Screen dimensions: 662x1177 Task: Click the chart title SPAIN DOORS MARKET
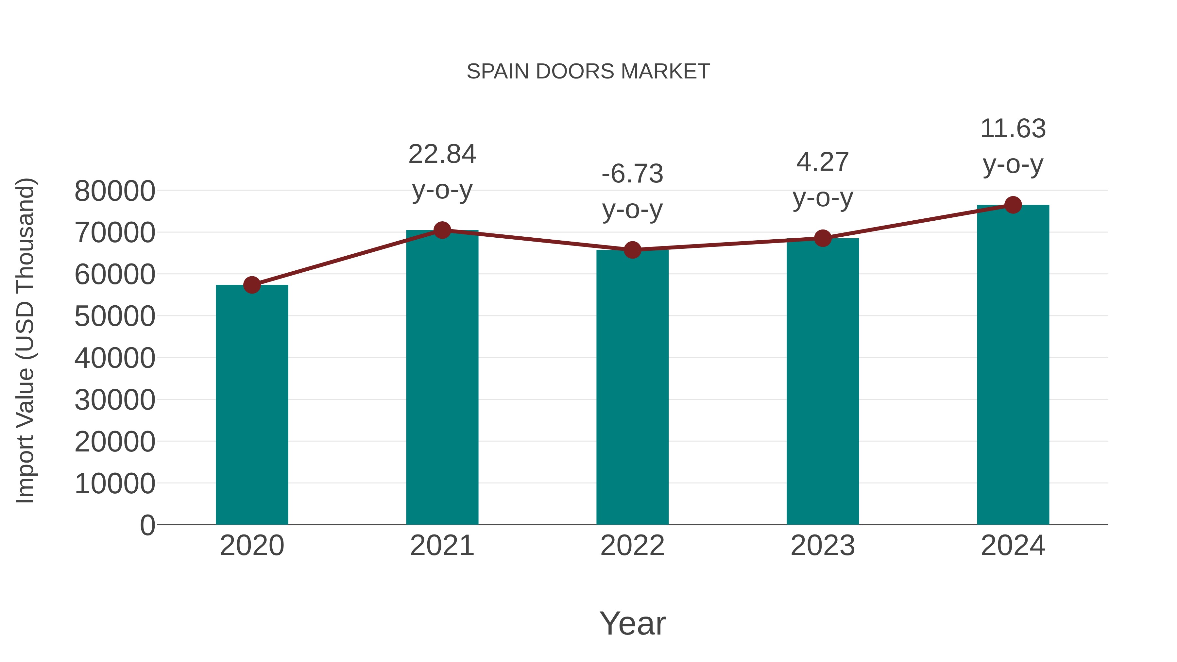(588, 72)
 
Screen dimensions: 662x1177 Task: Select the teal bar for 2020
(252, 404)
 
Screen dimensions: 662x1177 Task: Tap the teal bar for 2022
(632, 387)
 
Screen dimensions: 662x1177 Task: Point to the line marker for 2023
(823, 238)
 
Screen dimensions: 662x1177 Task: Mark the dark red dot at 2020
(252, 285)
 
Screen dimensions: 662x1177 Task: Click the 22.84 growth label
(442, 154)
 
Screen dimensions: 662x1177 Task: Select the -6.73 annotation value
(632, 174)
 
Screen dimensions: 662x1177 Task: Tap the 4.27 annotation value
(823, 162)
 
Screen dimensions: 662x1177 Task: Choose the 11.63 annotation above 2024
(1013, 129)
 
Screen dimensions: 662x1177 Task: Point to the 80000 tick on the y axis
(115, 191)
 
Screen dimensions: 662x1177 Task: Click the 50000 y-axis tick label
(115, 316)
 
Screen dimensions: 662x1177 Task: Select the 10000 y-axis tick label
(115, 484)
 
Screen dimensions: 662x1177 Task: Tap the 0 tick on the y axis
(147, 525)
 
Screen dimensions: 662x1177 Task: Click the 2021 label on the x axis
(442, 546)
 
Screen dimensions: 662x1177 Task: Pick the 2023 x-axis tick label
(823, 546)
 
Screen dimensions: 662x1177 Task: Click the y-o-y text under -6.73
(632, 210)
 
